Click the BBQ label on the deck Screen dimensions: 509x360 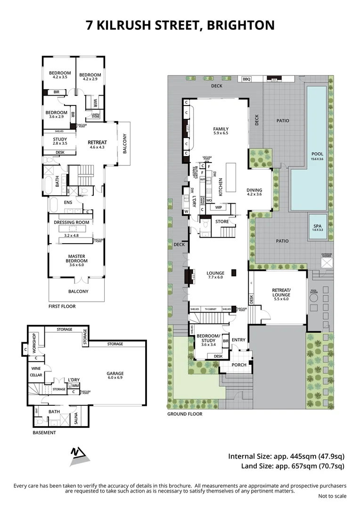(x=246, y=79)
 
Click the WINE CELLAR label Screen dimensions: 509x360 (x=36, y=372)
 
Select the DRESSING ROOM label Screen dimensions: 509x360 (x=72, y=222)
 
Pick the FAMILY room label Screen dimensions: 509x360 (x=221, y=129)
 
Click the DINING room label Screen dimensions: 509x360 (x=257, y=191)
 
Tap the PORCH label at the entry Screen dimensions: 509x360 (x=238, y=365)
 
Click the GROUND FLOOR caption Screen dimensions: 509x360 (x=185, y=414)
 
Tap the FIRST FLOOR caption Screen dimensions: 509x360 (x=62, y=306)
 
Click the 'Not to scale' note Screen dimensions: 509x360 (x=332, y=496)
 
